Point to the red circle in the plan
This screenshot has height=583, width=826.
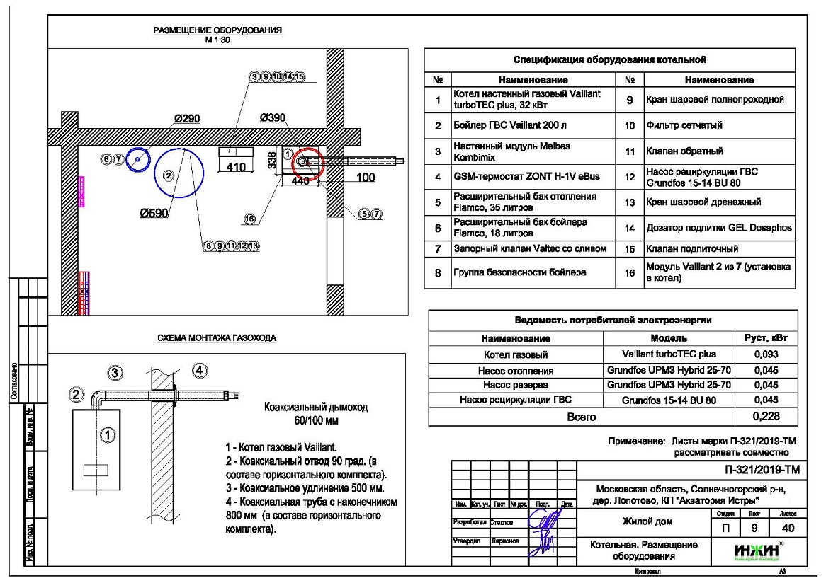point(307,163)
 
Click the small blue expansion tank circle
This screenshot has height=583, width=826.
point(137,161)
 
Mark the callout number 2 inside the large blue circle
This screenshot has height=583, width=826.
point(169,174)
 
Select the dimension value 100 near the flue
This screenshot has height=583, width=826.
point(366,178)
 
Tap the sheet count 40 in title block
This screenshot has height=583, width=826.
point(787,527)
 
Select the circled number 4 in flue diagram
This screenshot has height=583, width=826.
point(200,370)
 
